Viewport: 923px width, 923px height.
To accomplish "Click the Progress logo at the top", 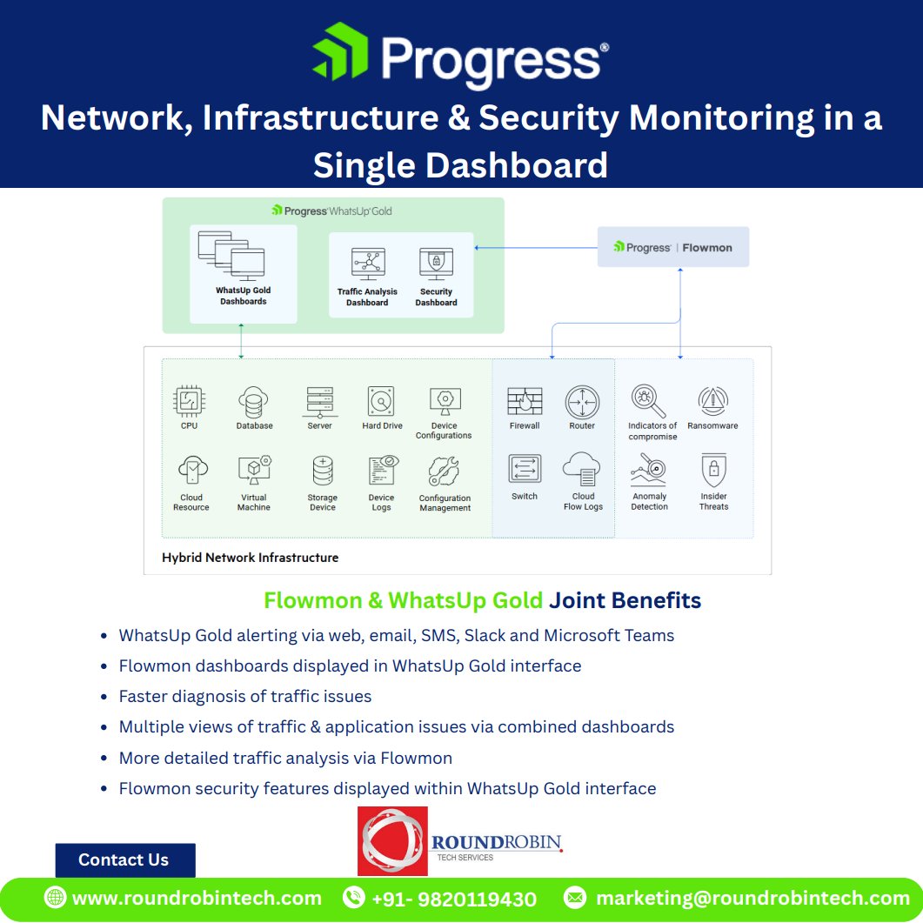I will coord(460,57).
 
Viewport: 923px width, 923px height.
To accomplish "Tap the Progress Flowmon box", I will coord(672,247).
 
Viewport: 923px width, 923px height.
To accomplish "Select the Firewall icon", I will coord(525,402).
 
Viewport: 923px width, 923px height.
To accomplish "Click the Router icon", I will coord(582,402).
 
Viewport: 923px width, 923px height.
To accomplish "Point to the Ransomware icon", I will coord(712,401).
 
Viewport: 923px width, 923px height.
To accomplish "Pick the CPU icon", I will coord(189,401).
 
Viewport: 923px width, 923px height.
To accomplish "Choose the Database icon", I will coord(254,402).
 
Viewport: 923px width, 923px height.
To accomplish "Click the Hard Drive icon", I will coord(382,402).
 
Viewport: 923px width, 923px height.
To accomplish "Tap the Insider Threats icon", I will coord(713,471).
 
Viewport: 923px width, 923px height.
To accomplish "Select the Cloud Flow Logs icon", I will coord(582,470).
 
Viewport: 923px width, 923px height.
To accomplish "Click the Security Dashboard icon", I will coord(436,263).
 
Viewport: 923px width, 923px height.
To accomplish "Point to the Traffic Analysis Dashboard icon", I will coord(367,263).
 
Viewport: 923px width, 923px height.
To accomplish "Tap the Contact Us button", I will coord(124,859).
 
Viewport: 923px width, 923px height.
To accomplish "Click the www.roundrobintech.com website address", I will coord(197,899).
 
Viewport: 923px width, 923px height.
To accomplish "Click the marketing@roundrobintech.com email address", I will coord(753,899).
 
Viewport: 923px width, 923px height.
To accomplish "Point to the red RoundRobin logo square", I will coord(392,840).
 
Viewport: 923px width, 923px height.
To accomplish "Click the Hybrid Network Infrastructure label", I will coord(250,557).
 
